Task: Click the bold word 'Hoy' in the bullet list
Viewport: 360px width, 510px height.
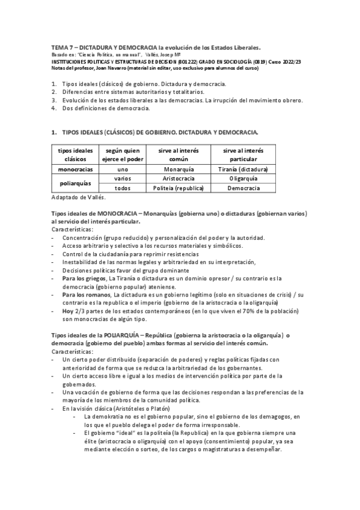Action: coord(68,312)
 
